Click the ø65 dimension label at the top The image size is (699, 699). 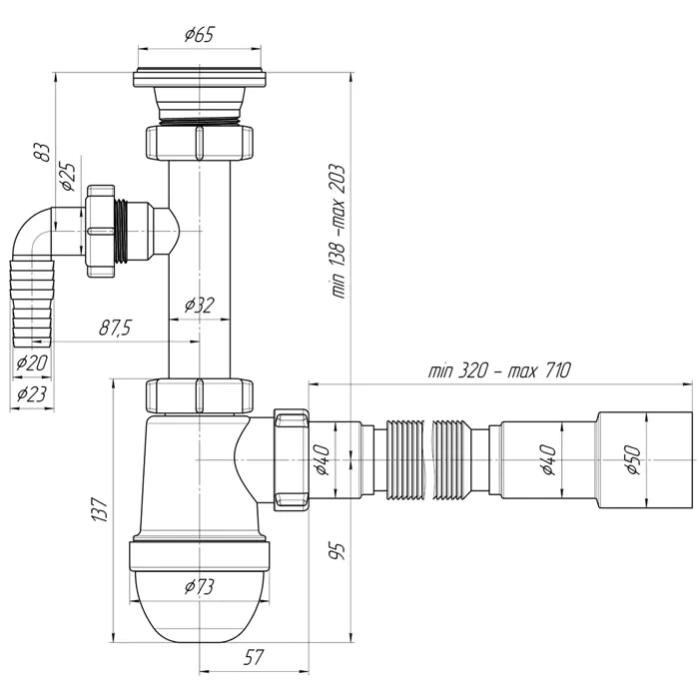200,34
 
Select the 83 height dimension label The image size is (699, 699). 43,152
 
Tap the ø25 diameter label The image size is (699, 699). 68,177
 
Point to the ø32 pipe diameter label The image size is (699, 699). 200,306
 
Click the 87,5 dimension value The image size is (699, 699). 115,329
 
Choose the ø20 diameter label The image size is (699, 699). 32,363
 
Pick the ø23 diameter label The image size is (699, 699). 32,393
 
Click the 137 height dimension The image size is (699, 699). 100,510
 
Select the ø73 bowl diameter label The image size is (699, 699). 200,587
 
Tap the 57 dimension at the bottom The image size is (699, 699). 254,657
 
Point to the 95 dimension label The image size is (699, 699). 339,552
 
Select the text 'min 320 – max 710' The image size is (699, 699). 499,370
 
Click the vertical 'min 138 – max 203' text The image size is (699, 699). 339,232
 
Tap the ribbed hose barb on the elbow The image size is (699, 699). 33,304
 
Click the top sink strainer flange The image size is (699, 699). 200,78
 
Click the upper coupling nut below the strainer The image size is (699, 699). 200,142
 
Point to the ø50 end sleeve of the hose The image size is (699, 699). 644,460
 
